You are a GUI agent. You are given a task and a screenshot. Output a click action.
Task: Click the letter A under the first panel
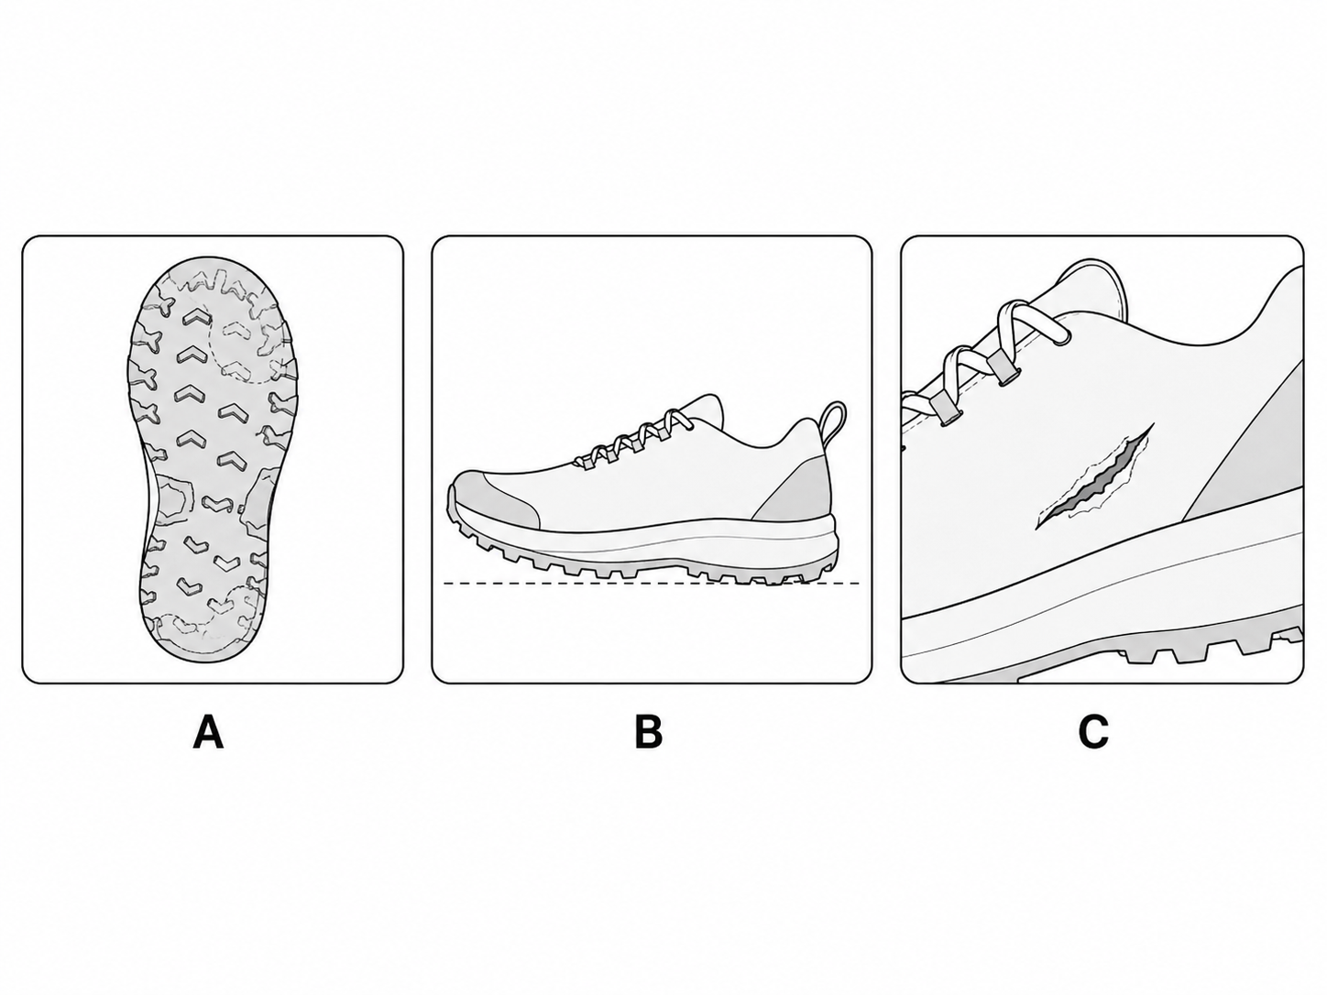coord(208,732)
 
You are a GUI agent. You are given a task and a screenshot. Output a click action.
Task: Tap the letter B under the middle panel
coord(649,732)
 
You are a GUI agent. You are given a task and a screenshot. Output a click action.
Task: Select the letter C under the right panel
coord(1093,732)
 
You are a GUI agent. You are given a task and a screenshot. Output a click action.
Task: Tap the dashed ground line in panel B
coord(652,584)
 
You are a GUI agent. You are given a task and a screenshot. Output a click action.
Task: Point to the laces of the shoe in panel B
coord(631,437)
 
